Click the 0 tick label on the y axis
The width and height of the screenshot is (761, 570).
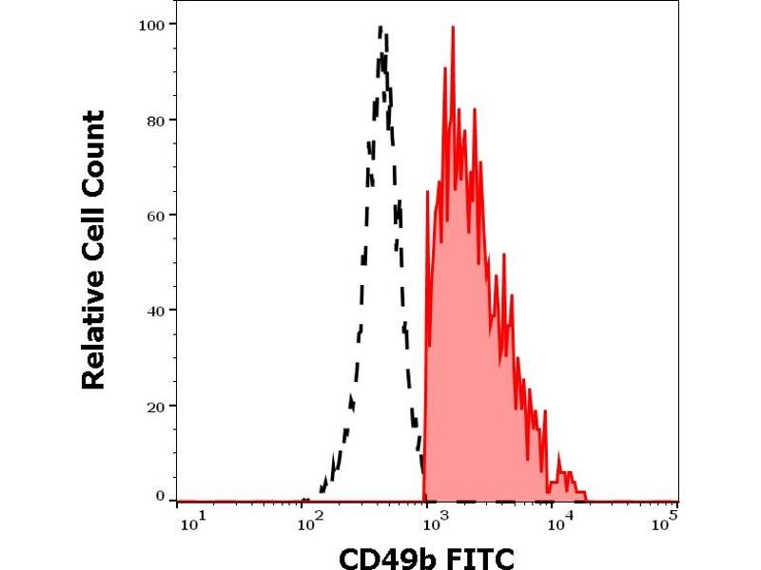[159, 496]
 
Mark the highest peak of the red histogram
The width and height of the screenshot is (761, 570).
[453, 28]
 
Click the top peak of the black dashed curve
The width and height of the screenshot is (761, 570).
[380, 28]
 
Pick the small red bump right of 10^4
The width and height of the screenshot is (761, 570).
[567, 473]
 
